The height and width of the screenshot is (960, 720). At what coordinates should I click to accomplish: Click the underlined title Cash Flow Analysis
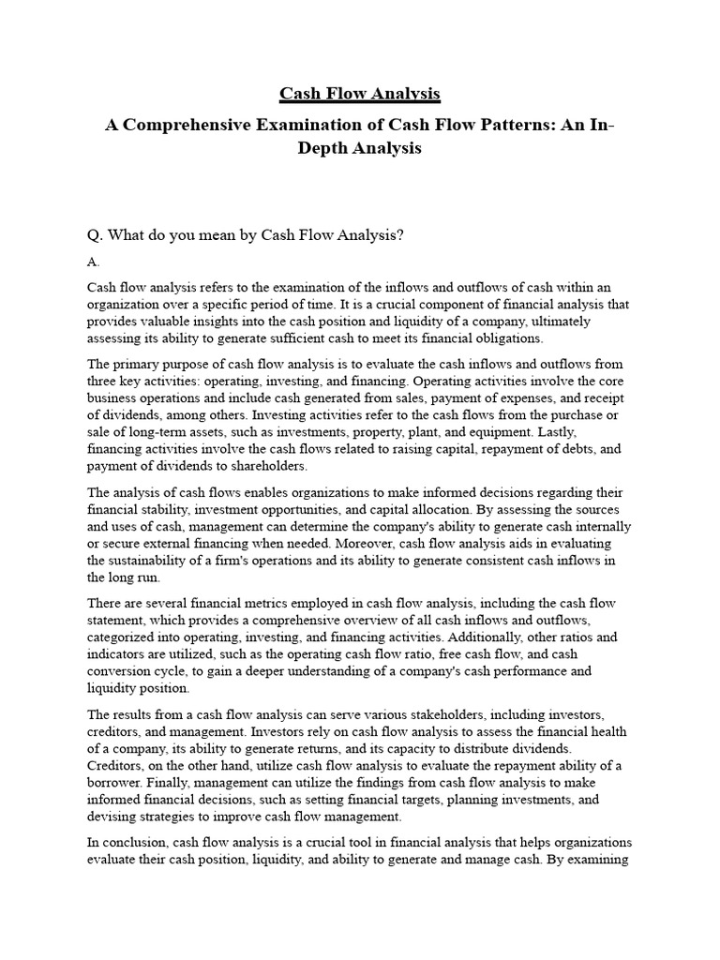click(x=360, y=94)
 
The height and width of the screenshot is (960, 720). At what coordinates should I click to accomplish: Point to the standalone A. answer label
click(x=93, y=262)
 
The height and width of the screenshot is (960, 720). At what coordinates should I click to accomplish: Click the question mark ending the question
click(x=399, y=235)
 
